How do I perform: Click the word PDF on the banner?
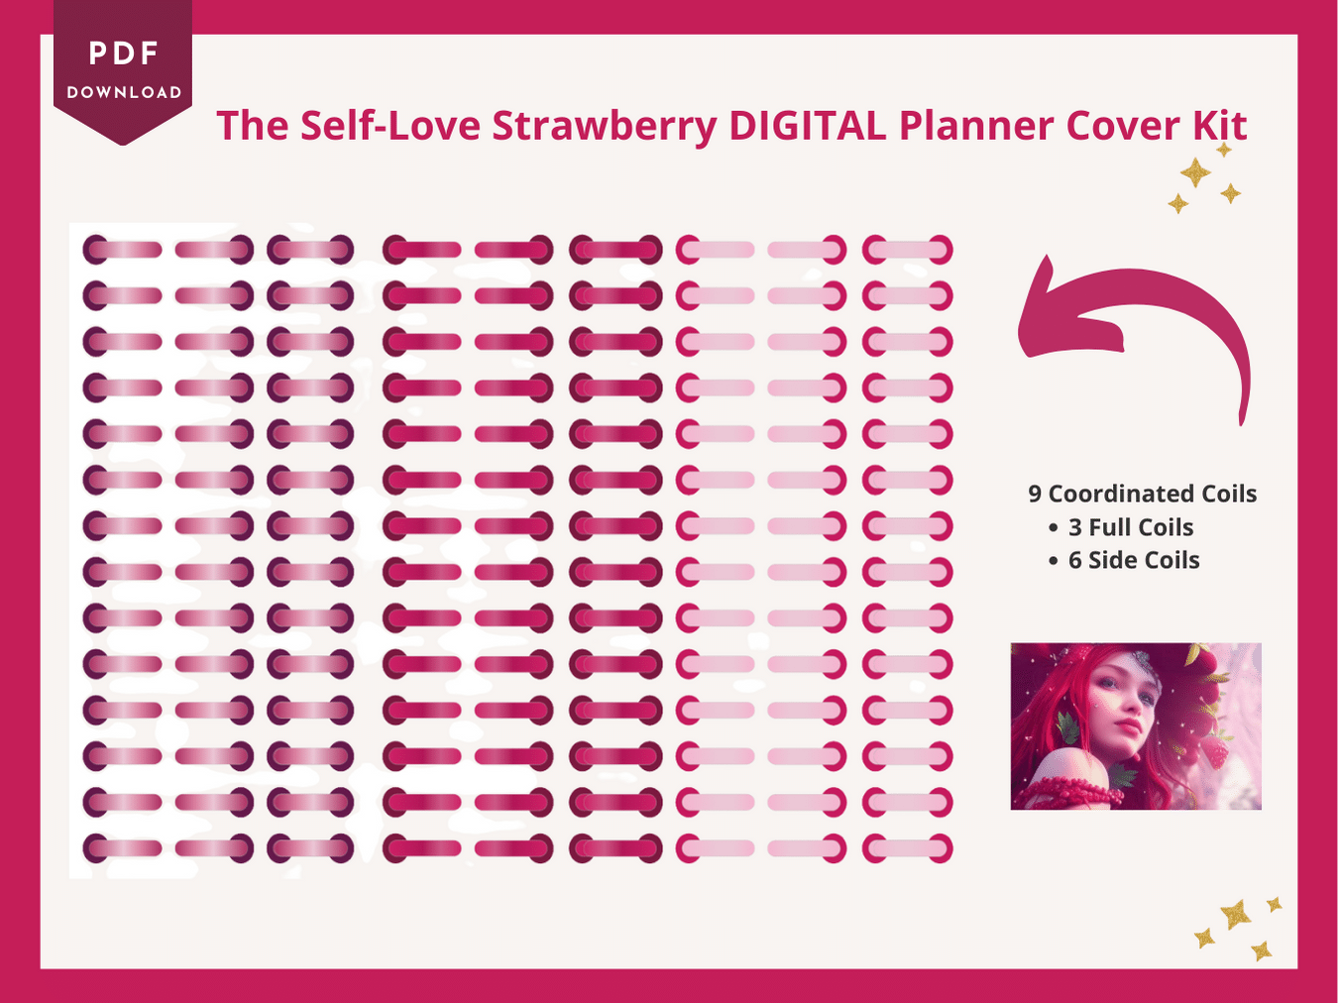123,54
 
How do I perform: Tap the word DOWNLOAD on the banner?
124,92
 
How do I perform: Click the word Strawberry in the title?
604,127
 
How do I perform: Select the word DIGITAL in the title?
807,125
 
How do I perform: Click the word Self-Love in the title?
390,125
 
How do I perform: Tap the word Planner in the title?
976,126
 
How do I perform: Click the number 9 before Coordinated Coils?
1035,495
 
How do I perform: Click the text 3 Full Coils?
1131,527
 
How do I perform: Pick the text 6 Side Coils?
1134,561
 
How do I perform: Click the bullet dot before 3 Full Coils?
1053,528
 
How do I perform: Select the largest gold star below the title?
1195,172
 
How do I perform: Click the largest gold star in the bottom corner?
1235,915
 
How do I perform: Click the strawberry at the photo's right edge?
1216,751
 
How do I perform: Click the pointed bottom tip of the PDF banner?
123,145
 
